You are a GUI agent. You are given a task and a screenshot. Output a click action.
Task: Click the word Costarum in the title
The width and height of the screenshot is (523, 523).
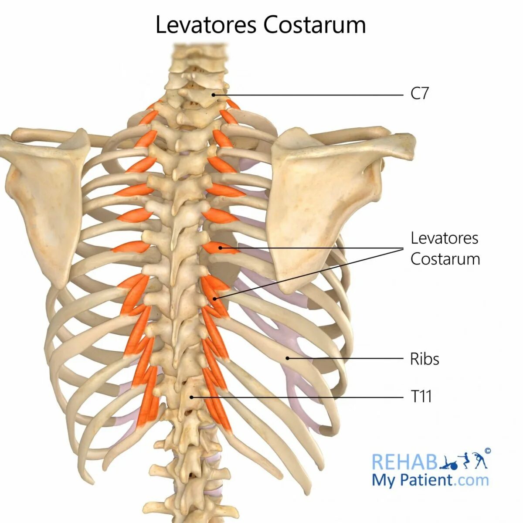point(314,25)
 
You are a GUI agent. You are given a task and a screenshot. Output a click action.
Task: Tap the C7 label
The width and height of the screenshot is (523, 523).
point(420,94)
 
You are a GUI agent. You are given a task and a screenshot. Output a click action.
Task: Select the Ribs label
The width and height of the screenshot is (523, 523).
point(425,359)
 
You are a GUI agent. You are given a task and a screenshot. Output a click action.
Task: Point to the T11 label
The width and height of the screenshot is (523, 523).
point(421,397)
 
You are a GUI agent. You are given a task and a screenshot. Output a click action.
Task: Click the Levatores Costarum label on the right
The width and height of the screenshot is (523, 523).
point(445,248)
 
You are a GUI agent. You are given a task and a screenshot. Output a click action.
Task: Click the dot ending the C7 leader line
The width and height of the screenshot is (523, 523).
point(214,95)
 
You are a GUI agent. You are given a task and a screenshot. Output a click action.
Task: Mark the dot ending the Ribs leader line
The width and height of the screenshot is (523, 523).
point(288,358)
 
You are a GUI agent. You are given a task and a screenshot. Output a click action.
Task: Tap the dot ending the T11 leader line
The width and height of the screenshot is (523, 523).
point(192,397)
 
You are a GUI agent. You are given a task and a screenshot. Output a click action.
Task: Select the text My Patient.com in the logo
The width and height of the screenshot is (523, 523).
point(430,480)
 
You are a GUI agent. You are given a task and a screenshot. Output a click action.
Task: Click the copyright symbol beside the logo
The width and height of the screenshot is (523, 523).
point(487,451)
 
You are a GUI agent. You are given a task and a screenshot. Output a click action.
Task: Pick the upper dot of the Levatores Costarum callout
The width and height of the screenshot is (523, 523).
point(221,248)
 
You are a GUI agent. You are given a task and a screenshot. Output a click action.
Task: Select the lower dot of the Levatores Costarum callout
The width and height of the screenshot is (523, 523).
point(215,299)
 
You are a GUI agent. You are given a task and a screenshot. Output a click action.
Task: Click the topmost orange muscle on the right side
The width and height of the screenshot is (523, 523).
point(233,105)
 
